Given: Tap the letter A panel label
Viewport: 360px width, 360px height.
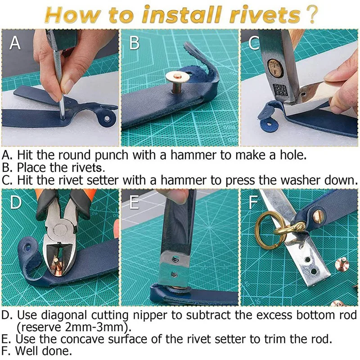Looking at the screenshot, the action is coord(15,43).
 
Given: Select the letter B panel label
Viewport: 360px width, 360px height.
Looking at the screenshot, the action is coord(134,43).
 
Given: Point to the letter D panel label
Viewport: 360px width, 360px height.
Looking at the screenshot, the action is coord(16,202).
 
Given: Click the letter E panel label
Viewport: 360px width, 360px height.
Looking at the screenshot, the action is coord(134,202).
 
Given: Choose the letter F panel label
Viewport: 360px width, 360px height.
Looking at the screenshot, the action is coord(253,202).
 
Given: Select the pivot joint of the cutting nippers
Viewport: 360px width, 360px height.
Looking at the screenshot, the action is coord(61,229).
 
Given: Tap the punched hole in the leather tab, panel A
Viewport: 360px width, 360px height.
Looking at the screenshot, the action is coord(107,118).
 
